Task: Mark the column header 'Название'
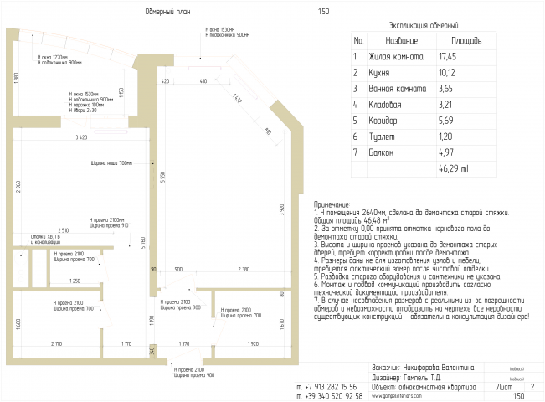[401, 40]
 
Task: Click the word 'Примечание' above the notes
[333, 204]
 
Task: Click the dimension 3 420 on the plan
[81, 136]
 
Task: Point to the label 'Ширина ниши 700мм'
[112, 162]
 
